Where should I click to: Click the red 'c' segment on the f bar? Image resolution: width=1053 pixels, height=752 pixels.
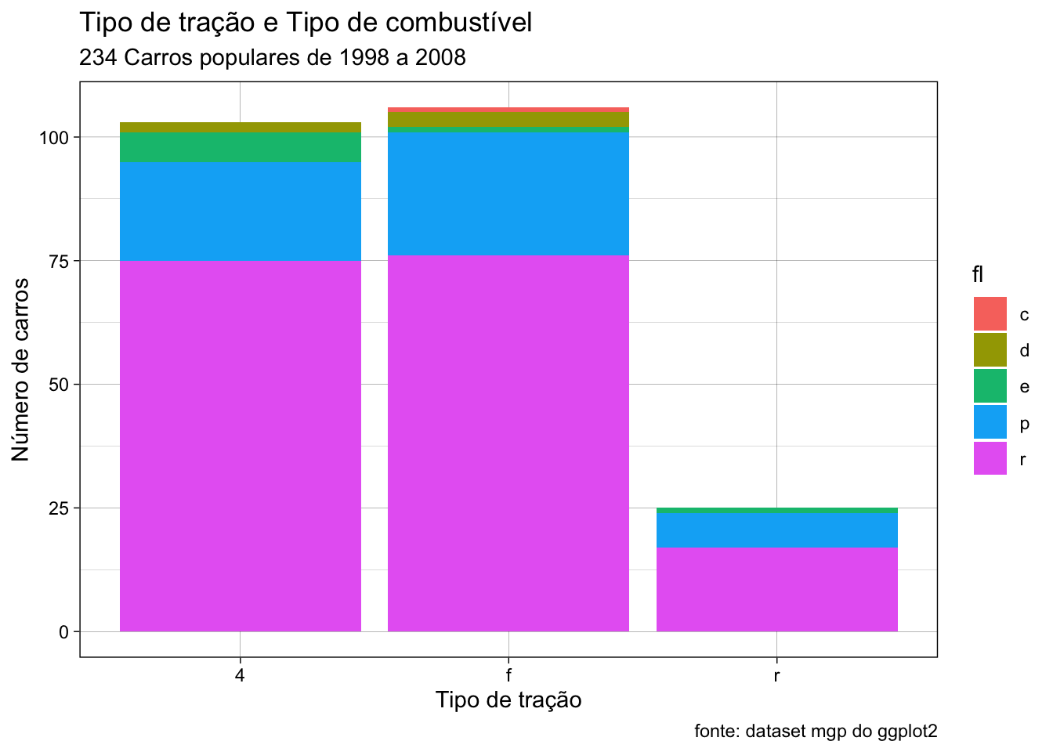508,110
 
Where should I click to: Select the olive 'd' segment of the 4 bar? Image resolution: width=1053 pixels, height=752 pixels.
241,128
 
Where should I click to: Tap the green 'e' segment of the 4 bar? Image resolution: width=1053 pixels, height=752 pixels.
241,147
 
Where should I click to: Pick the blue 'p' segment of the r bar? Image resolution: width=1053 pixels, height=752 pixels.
776,530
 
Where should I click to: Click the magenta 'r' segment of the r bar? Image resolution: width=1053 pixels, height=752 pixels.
776,589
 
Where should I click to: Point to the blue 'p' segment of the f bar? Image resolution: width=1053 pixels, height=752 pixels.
508,193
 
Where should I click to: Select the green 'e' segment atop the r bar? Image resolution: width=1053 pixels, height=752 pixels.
776,510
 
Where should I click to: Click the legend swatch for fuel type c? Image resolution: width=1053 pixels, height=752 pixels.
990,313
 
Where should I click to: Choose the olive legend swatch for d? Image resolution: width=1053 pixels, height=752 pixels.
990,349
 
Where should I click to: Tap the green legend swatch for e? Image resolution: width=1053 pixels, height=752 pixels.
990,386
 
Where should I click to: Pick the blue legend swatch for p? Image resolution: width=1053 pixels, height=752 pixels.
990,422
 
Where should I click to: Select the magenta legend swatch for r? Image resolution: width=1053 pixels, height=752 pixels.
990,458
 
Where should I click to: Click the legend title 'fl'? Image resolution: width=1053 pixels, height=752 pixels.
978,274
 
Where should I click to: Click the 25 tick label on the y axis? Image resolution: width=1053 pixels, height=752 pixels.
59,508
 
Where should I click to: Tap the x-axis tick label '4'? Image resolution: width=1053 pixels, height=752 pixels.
240,675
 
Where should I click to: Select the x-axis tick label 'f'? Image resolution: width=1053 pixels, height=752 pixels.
508,675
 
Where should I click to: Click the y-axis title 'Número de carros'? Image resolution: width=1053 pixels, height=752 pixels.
20,370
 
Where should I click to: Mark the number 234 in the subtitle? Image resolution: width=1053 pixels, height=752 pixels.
98,58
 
